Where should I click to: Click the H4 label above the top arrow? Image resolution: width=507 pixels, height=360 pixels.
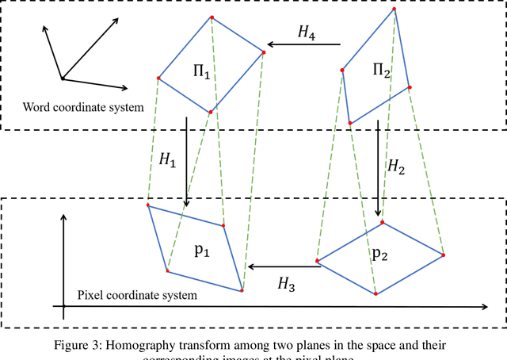(305, 33)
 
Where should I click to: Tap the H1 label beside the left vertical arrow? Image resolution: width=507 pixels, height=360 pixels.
(167, 160)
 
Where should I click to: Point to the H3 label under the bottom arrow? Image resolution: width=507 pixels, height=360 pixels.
(286, 284)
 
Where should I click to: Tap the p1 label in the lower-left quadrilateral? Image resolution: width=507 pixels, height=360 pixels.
(203, 250)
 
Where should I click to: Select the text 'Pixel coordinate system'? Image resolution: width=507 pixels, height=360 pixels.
(137, 295)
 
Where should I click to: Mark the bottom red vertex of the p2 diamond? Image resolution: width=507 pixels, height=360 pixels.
(376, 293)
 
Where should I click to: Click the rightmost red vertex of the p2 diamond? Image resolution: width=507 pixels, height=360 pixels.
(444, 255)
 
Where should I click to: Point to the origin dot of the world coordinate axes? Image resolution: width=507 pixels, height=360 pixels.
(63, 78)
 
